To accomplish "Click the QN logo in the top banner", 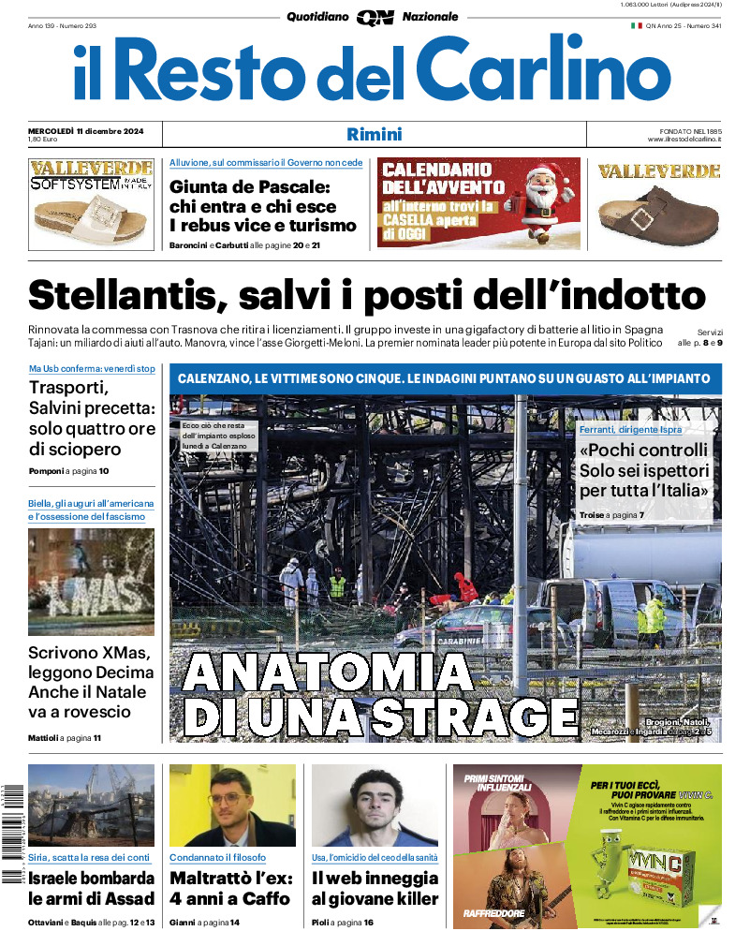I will (375, 17).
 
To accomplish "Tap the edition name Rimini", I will (375, 134).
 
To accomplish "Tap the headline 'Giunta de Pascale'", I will (250, 186).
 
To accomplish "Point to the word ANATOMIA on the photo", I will (328, 672).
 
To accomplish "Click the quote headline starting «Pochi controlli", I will (644, 470).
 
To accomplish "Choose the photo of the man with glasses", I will (231, 805).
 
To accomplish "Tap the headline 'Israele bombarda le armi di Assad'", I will (91, 889).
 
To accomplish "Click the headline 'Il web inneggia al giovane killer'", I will (375, 889).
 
